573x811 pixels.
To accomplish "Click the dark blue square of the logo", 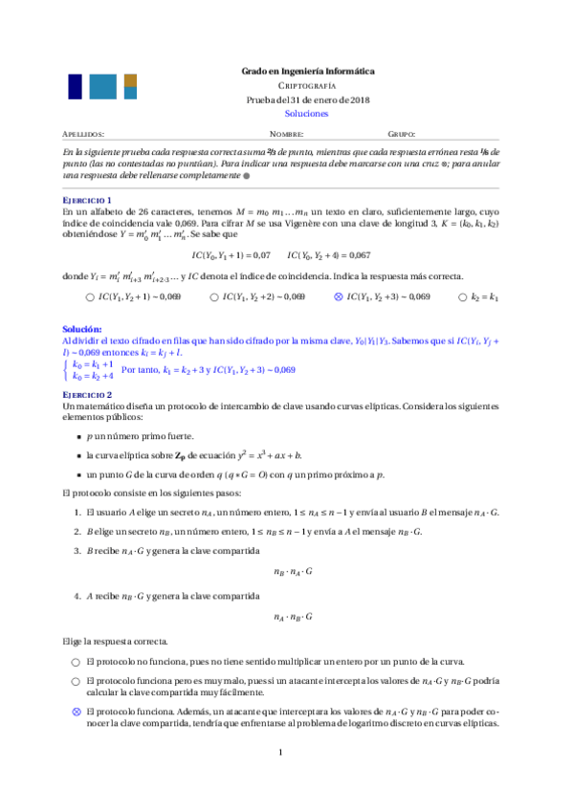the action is pyautogui.click(x=76, y=87).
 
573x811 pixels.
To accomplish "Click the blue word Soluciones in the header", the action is pyautogui.click(x=307, y=113).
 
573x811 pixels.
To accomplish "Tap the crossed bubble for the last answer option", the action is pyautogui.click(x=76, y=712).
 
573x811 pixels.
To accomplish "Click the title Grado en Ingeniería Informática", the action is pyautogui.click(x=307, y=72).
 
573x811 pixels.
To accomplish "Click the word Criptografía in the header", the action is pyautogui.click(x=307, y=85).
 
